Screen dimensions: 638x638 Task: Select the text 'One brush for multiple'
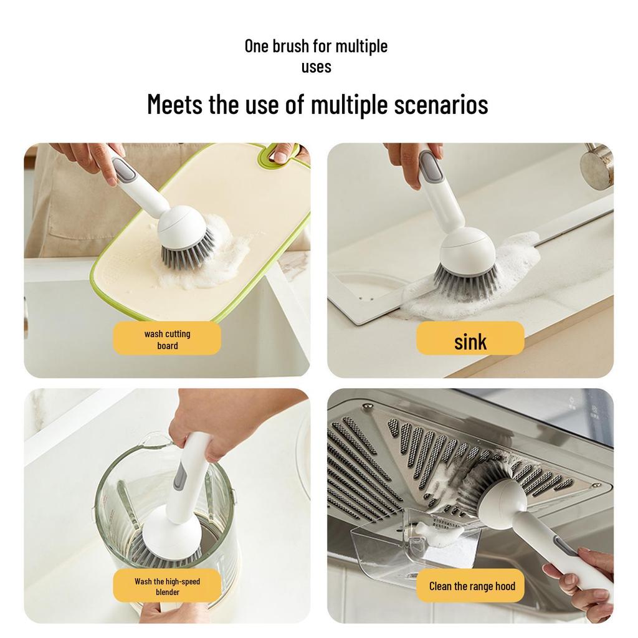coord(316,46)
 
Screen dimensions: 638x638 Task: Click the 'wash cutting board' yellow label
coord(166,340)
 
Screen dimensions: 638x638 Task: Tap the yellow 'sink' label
coord(470,340)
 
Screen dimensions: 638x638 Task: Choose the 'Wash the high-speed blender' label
coord(167,586)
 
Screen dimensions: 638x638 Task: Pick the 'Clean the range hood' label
coord(472,586)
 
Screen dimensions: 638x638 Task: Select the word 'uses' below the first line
coord(316,67)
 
